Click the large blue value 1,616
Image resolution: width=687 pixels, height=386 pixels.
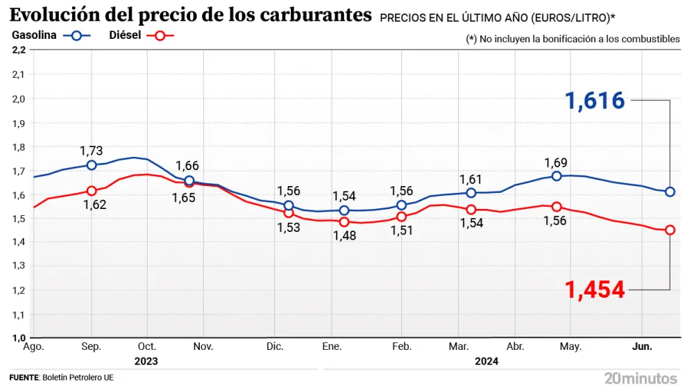click(595, 101)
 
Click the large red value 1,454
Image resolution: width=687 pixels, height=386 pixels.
click(595, 289)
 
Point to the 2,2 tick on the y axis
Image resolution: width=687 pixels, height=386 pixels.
click(19, 50)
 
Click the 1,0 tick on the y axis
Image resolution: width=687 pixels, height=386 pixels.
click(19, 338)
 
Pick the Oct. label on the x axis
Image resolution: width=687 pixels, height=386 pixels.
click(146, 346)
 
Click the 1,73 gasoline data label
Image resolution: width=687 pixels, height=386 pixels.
click(92, 151)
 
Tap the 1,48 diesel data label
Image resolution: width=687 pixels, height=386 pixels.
click(344, 236)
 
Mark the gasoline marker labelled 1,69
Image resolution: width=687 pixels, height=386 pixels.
click(557, 176)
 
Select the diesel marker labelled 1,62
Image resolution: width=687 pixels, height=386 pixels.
click(92, 191)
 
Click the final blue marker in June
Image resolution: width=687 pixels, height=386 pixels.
click(670, 192)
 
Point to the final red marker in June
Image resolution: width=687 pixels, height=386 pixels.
click(670, 230)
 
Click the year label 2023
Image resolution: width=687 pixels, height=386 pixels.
click(146, 361)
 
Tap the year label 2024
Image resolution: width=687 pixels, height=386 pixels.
click(486, 361)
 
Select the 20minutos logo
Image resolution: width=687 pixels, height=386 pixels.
click(640, 378)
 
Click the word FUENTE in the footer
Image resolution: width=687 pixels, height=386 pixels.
click(24, 378)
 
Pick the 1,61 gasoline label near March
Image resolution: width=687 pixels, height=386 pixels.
click(471, 179)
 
